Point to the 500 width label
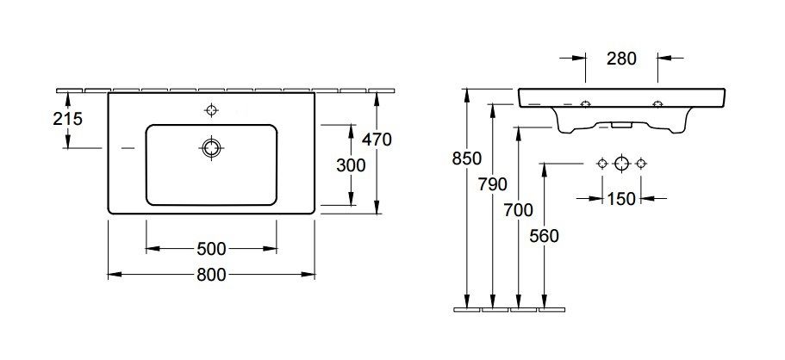click(210, 249)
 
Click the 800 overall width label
click(210, 275)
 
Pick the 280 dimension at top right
click(620, 59)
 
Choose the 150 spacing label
click(620, 199)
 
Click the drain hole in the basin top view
click(210, 148)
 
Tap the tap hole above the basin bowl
click(210, 109)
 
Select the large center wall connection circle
click(621, 164)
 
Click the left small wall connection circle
click(601, 164)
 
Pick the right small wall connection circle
click(641, 164)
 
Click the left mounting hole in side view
click(585, 105)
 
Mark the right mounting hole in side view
click(658, 105)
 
